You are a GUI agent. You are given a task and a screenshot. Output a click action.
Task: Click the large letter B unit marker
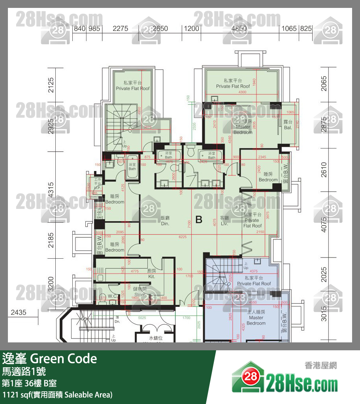click(x=199, y=220)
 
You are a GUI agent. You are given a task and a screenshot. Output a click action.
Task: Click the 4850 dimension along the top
click(x=239, y=28)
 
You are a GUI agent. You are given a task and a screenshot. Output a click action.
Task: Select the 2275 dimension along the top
click(x=120, y=28)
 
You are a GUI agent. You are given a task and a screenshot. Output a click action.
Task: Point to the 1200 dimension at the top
click(x=191, y=28)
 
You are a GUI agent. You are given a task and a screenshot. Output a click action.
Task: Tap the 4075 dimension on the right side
click(x=324, y=224)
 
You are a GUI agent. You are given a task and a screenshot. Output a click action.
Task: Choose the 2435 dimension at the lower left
click(x=18, y=312)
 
